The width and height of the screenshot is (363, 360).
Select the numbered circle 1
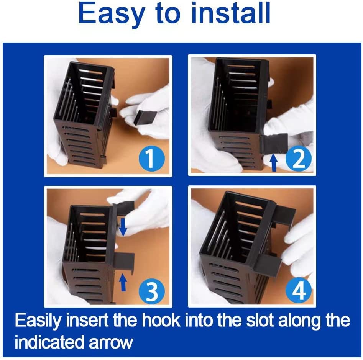click(152, 159)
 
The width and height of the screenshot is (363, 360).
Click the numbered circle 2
click(298, 159)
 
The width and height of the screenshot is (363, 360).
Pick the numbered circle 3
click(152, 290)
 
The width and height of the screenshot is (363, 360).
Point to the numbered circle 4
click(298, 290)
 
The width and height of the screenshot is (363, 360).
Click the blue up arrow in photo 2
click(274, 163)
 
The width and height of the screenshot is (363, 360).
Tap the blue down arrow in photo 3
click(123, 227)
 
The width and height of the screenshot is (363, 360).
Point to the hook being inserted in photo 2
click(274, 143)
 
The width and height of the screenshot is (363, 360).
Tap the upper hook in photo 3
click(124, 207)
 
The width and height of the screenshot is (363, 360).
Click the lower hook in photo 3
click(125, 261)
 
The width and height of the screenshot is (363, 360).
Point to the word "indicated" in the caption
click(50, 342)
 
